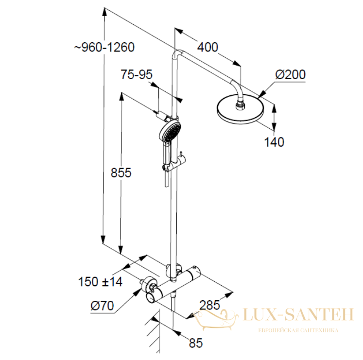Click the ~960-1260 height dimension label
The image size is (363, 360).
click(x=104, y=48)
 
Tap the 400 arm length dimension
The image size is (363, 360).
click(x=207, y=47)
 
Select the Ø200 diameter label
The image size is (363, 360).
click(x=290, y=74)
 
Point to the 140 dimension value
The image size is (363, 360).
click(x=274, y=142)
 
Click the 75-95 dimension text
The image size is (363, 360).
click(x=137, y=74)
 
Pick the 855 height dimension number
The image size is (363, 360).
click(x=121, y=172)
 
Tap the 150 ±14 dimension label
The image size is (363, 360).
click(x=100, y=282)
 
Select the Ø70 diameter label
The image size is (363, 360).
click(x=102, y=306)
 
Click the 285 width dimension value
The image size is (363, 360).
click(x=209, y=305)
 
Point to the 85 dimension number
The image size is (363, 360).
click(x=196, y=343)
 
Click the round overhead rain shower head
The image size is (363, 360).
click(x=241, y=110)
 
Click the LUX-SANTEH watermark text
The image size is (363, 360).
click(x=298, y=314)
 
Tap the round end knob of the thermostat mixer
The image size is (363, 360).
click(x=150, y=297)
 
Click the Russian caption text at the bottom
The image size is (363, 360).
click(x=298, y=330)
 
